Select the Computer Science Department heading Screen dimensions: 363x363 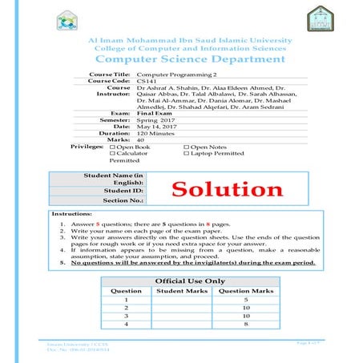[181, 59]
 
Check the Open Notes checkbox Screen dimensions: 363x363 [187, 147]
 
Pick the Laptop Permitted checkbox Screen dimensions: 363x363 [187, 153]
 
